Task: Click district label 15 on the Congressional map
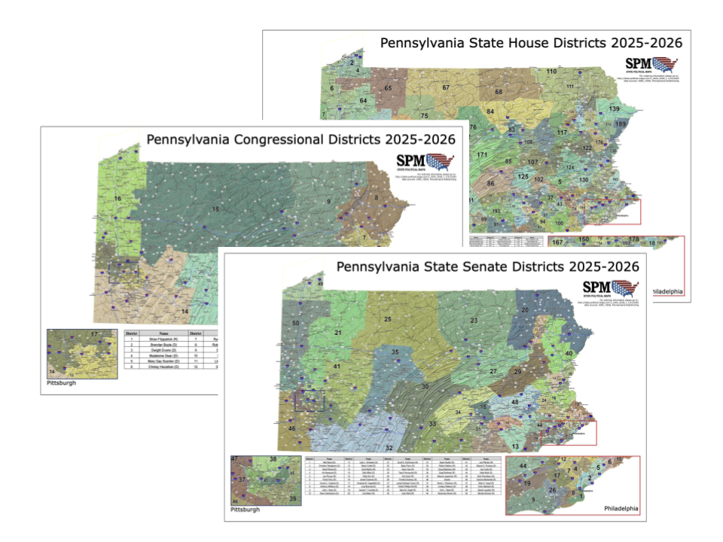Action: click(x=216, y=209)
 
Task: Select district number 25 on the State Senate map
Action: click(x=388, y=319)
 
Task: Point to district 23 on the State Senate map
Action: click(x=474, y=321)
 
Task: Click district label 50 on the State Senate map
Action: click(x=296, y=323)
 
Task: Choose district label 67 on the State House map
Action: click(x=446, y=88)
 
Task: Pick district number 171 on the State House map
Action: click(x=482, y=154)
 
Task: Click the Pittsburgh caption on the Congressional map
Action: click(x=61, y=382)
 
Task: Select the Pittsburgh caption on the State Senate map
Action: click(x=245, y=510)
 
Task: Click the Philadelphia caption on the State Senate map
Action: click(x=621, y=509)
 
